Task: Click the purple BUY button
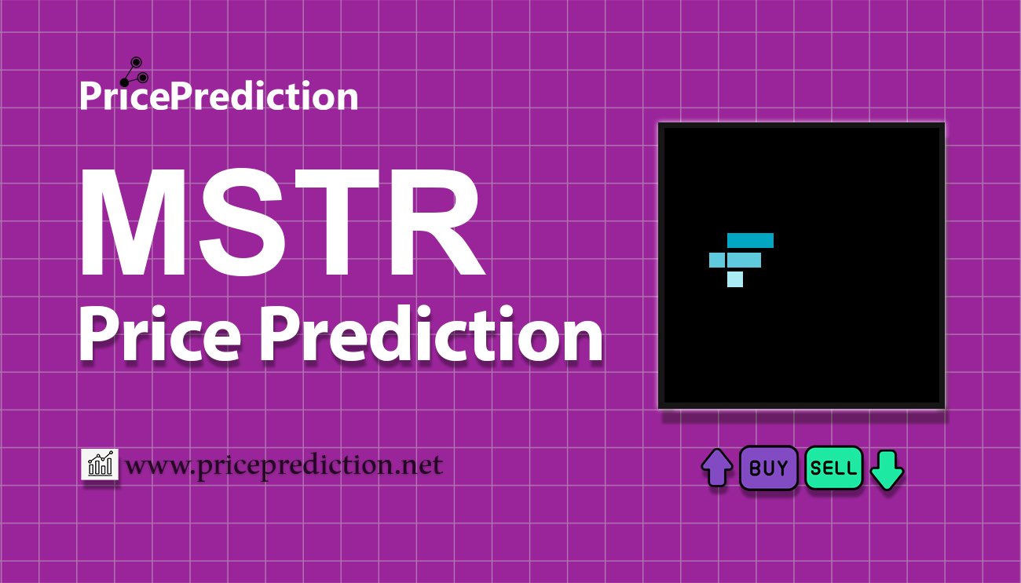(768, 468)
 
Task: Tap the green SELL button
(833, 468)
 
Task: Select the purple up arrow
(717, 468)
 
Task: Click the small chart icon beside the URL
(100, 464)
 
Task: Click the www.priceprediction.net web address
(284, 465)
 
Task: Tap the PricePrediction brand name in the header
(219, 96)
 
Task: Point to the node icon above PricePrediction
(134, 71)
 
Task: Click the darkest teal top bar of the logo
(750, 240)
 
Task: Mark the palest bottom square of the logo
(735, 279)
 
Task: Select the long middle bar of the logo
(744, 260)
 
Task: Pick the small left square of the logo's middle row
(717, 260)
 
